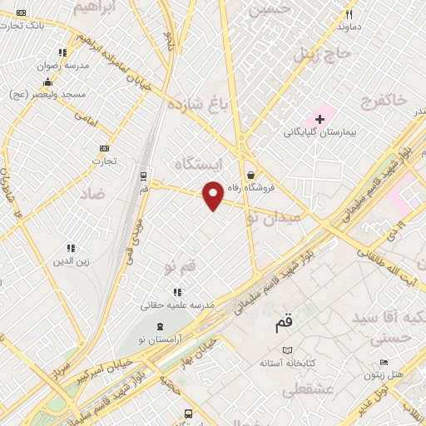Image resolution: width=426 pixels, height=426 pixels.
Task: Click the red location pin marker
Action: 213,195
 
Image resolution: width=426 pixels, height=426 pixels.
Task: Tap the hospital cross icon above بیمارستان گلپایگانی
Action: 319,119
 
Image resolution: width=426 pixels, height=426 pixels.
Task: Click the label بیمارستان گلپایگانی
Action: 319,132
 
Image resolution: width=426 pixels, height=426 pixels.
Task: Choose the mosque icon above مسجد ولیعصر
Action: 48,82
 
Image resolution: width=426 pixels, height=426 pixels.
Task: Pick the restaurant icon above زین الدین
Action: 71,248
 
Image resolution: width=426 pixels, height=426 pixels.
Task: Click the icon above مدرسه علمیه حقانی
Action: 177,292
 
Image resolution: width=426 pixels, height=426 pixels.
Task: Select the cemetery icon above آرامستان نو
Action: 161,324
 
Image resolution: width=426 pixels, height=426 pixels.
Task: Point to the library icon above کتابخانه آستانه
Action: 288,350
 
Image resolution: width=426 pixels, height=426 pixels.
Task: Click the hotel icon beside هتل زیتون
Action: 383,362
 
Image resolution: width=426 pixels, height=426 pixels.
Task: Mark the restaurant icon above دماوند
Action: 349,14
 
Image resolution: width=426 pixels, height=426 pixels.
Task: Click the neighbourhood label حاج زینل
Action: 317,56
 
